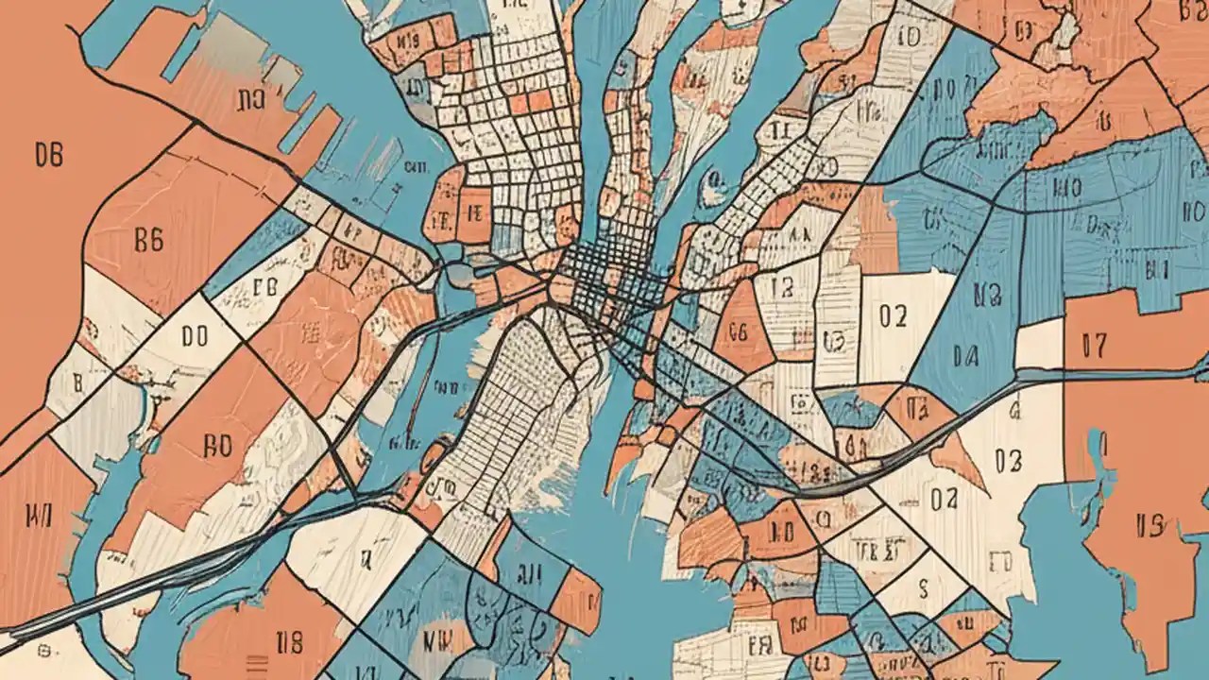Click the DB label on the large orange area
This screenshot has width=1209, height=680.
(48, 154)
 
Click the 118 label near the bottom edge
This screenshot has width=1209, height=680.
(288, 644)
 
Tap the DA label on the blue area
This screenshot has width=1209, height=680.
(964, 356)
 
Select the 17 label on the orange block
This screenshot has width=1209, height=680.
(1094, 347)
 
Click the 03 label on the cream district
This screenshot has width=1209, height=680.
(1008, 461)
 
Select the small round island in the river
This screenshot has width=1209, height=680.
(711, 192)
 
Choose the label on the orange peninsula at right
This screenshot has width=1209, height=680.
(1149, 525)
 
